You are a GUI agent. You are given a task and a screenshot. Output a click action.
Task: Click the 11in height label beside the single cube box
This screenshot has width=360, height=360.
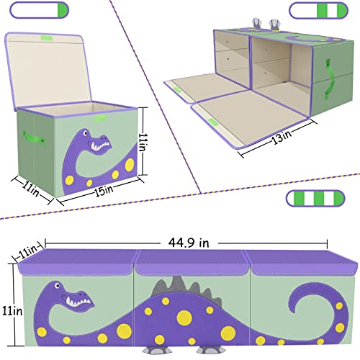[145, 136]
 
